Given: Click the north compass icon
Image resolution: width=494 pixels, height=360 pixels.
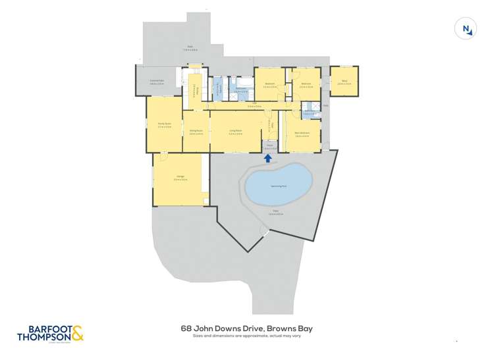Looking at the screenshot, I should click(466, 28).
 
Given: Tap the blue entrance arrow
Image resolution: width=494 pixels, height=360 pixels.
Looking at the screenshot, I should click(268, 157).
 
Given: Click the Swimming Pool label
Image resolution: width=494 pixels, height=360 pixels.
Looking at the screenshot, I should click(278, 186).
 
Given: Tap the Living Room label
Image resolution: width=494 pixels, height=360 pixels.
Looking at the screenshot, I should click(235, 132).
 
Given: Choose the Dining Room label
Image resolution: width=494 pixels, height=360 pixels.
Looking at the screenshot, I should click(196, 132).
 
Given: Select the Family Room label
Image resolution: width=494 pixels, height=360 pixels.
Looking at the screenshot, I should click(164, 125).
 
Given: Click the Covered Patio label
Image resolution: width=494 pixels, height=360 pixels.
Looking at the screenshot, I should click(156, 83).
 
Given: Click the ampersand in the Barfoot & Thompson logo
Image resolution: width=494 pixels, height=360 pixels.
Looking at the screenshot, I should click(77, 334).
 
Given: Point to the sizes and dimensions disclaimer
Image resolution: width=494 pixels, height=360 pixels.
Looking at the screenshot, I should click(247, 336).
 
